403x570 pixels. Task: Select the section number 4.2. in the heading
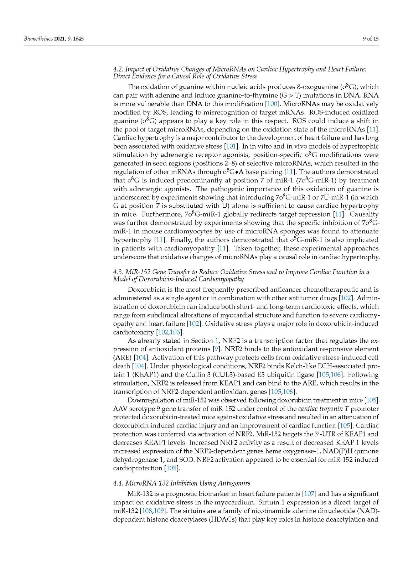(x=118, y=69)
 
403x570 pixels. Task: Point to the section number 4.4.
(x=118, y=483)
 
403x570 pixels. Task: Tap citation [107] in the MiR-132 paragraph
(x=309, y=494)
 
